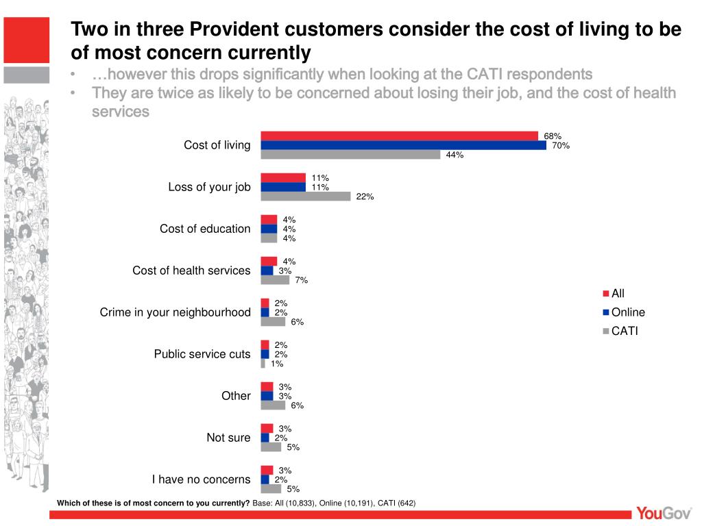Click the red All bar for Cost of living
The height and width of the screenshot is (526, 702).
[x=399, y=136]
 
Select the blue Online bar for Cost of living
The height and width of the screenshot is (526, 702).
[x=403, y=145]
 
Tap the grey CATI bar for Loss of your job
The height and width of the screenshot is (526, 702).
[x=306, y=197]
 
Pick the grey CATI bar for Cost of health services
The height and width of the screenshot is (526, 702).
[x=275, y=280]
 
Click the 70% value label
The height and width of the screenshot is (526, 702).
[x=561, y=145]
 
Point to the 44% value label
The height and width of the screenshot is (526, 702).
[x=455, y=155]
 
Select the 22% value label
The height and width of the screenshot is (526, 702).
[x=365, y=197]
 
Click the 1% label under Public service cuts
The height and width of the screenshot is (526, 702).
[x=277, y=364]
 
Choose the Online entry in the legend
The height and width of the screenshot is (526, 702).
[x=628, y=312]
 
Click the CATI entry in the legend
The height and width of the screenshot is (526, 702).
[x=625, y=331]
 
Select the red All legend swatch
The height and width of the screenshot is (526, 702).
[x=606, y=294]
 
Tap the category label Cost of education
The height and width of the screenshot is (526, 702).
[x=205, y=229]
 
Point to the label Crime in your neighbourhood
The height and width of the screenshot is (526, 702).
[x=175, y=312]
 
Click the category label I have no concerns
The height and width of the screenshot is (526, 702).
[x=201, y=479]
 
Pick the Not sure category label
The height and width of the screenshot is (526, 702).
[x=228, y=438]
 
